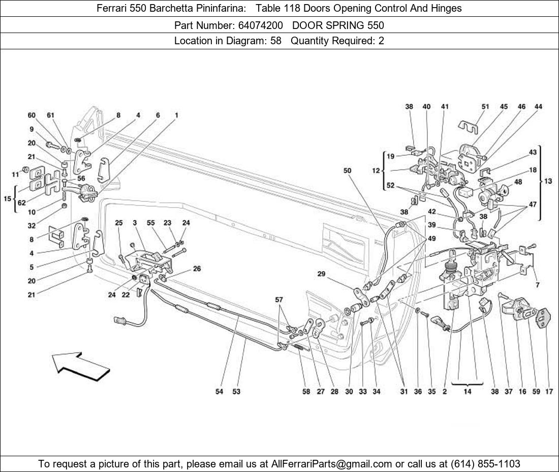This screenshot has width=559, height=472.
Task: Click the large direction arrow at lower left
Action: click(80, 366)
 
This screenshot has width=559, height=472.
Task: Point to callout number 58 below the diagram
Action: click(306, 392)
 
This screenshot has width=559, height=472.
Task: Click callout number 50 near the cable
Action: click(347, 171)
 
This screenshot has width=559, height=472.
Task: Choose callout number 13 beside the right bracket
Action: click(548, 181)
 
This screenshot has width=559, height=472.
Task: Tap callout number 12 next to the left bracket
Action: click(376, 171)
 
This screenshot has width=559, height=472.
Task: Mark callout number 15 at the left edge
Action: click(8, 198)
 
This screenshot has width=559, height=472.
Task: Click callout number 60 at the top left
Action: click(32, 115)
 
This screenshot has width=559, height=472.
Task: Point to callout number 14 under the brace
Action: click(467, 392)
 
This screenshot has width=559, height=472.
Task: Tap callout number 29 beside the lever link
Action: click(321, 274)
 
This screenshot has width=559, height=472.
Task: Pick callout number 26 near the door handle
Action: click(197, 269)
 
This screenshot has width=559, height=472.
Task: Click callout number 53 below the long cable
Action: click(236, 392)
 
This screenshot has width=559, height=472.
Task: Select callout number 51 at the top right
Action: click(485, 107)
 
